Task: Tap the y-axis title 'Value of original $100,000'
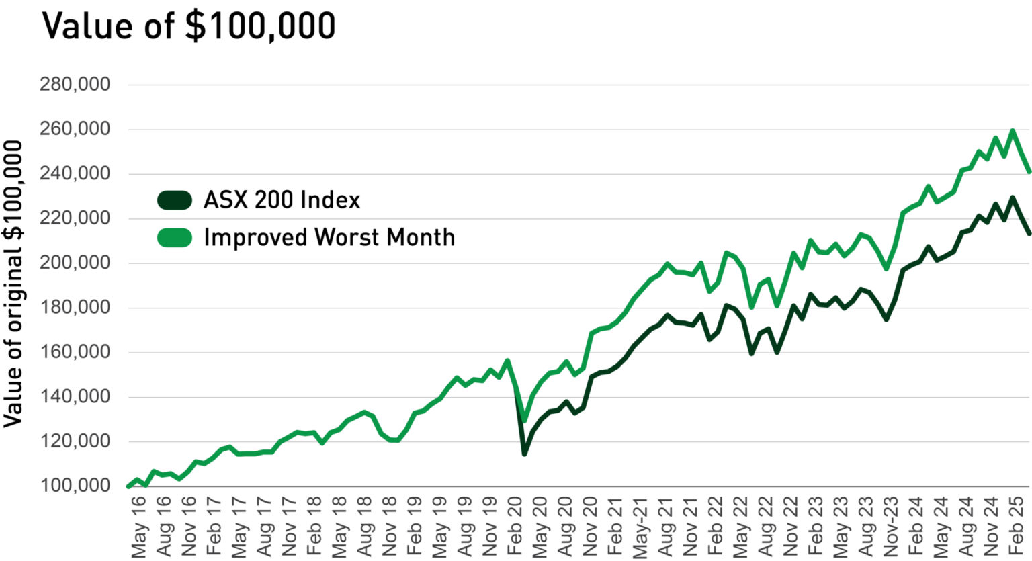[x=13, y=284]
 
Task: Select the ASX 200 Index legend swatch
[x=175, y=200]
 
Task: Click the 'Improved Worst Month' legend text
[x=329, y=238]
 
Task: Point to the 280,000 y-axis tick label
[x=75, y=85]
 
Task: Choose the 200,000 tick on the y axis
[x=75, y=263]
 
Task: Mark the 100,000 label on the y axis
[x=75, y=485]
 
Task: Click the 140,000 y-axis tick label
[x=75, y=396]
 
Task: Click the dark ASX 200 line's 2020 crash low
[x=524, y=454]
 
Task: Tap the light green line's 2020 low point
[x=524, y=420]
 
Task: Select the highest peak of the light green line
[x=1013, y=131]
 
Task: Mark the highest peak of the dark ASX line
[x=1013, y=198]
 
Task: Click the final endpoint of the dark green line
[x=1029, y=233]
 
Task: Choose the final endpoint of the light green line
[x=1029, y=171]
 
